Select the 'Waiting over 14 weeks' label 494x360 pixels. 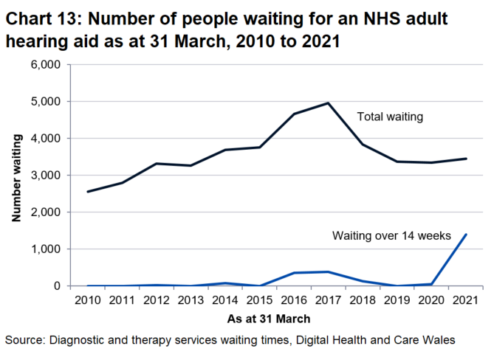(x=391, y=236)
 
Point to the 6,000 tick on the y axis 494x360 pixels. (x=48, y=65)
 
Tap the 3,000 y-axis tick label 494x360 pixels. (x=48, y=176)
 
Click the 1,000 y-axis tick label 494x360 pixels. (x=48, y=249)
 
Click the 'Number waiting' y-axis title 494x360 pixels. (x=16, y=176)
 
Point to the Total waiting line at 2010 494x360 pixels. (x=88, y=192)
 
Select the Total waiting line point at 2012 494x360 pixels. (x=157, y=164)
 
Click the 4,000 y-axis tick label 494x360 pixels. (x=48, y=139)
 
